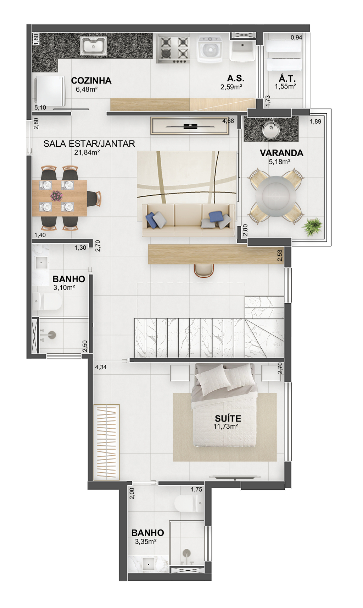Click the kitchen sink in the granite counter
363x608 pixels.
(94, 46)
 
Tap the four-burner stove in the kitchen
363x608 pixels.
(173, 49)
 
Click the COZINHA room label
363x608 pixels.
(91, 80)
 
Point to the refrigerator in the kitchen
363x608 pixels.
(50, 91)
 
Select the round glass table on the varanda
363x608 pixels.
(275, 196)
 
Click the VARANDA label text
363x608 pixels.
(281, 153)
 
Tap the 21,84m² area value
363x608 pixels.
(87, 152)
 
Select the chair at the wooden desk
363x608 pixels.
(204, 271)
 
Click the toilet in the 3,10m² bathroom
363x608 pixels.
(47, 301)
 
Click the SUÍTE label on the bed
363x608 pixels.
(228, 418)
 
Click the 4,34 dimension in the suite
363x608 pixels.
(101, 367)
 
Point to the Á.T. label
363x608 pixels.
(287, 79)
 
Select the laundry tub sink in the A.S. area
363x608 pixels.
(243, 51)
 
